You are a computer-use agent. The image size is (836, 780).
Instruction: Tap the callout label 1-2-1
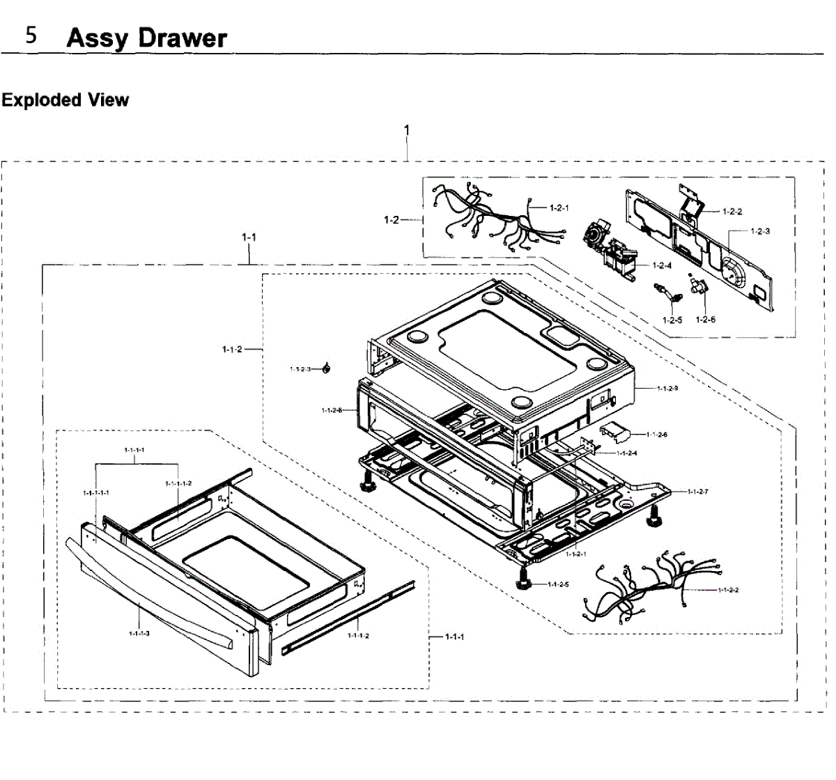559,208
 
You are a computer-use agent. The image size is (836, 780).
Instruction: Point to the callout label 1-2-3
760,231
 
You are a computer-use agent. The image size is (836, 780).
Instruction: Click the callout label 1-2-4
662,265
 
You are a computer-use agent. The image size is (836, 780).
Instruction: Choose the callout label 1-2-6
706,320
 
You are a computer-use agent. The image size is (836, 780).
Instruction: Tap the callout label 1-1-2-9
667,388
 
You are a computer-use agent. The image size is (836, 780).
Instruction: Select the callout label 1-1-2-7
697,492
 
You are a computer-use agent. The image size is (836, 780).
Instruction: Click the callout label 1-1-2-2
728,590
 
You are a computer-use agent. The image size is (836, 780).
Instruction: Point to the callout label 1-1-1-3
140,633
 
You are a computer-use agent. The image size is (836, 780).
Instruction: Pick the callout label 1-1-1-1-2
179,483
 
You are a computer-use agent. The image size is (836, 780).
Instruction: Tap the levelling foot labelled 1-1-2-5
523,577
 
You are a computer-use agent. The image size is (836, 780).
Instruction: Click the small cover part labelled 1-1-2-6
614,431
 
